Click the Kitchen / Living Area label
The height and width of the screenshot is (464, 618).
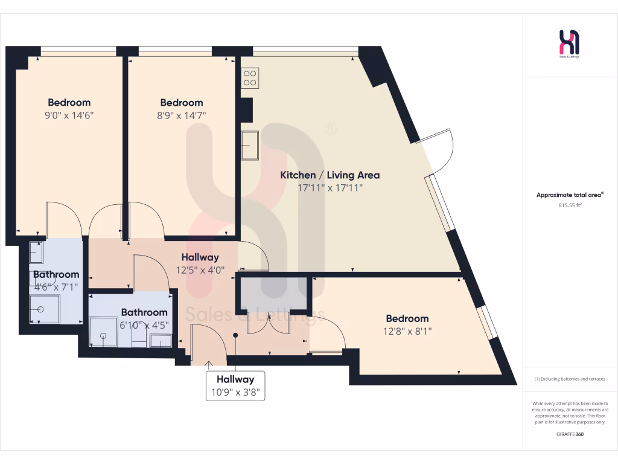(x=330, y=175)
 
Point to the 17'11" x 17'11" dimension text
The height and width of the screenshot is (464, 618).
(x=330, y=188)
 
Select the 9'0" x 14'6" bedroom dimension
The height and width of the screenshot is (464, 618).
(x=69, y=115)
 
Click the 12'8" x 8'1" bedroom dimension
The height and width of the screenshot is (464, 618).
(x=407, y=331)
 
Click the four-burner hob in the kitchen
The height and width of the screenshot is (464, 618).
(x=250, y=77)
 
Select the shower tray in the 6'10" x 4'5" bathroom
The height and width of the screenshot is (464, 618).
(x=104, y=332)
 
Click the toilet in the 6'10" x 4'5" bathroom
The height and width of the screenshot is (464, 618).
(x=161, y=341)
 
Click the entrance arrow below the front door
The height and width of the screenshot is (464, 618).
(x=209, y=364)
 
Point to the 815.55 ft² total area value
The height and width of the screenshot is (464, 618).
(x=570, y=205)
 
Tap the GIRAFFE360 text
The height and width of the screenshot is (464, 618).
(x=570, y=434)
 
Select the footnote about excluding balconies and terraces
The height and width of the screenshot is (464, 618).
(x=570, y=379)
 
